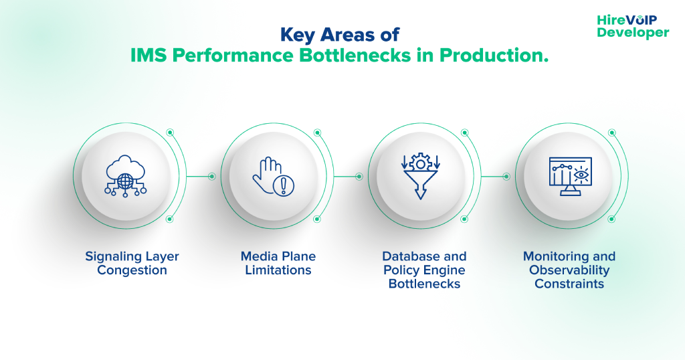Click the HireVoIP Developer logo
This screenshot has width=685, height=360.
(x=632, y=26)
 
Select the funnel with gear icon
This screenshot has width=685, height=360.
(x=420, y=176)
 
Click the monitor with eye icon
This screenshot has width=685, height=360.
(x=569, y=176)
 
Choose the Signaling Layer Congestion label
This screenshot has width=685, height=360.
(x=132, y=263)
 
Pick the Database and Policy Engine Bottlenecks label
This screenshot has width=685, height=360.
(x=424, y=270)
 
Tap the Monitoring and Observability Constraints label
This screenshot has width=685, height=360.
(x=569, y=270)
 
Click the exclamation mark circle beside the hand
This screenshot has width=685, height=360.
(x=283, y=185)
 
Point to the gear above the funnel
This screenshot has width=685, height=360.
(x=420, y=162)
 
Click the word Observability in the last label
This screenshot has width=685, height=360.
(x=569, y=270)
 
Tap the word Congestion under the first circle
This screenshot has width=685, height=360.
(x=132, y=270)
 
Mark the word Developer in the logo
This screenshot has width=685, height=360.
(x=633, y=32)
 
